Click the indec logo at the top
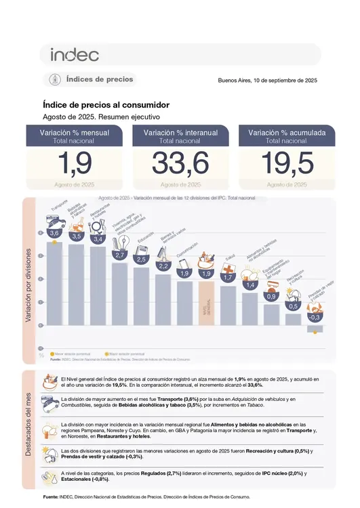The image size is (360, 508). coord(75,55)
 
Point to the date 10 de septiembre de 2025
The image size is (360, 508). coord(267,81)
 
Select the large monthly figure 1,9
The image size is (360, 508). coord(75,165)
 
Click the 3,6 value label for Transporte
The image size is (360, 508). coord(55,233)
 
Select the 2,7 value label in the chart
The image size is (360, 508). coord(120,255)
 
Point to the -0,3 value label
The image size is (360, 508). coord(315,317)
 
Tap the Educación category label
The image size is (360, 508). coord(145,240)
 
